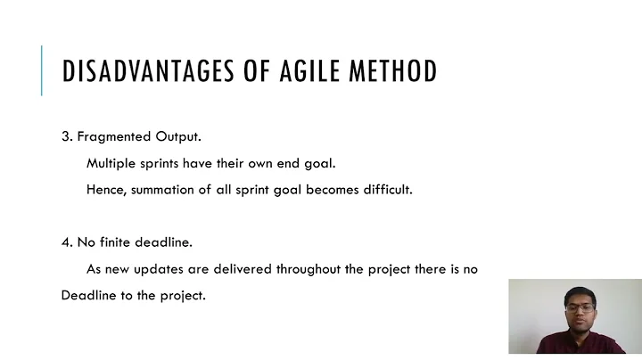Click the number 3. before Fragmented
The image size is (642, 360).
67,137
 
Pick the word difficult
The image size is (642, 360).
384,190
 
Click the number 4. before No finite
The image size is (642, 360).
67,242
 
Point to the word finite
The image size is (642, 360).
119,242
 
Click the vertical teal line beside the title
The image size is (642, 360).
41,70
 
